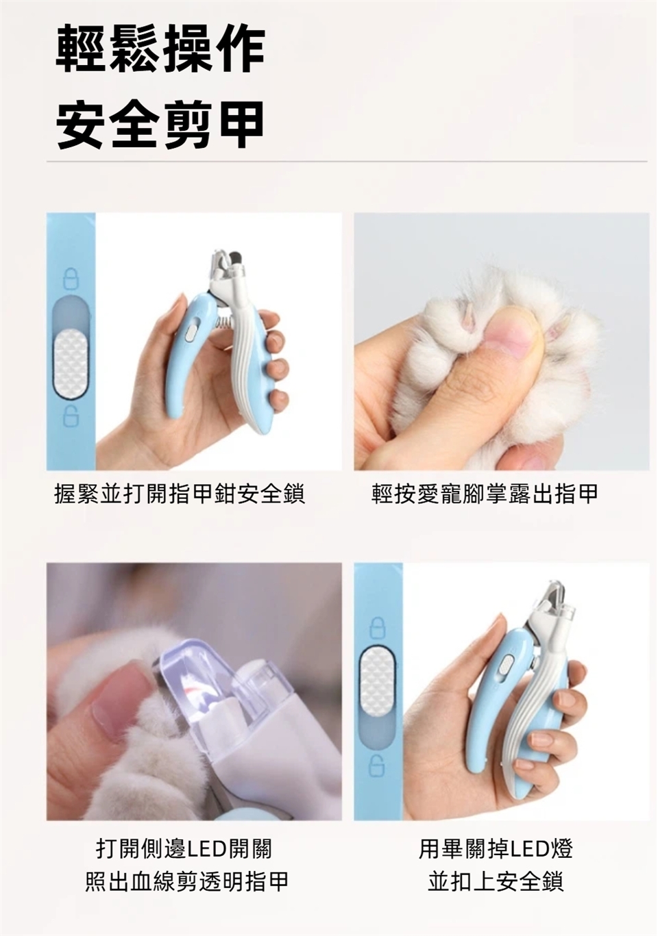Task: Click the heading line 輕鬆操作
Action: click(160, 49)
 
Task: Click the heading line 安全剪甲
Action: click(160, 125)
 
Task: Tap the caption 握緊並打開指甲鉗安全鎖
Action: click(180, 494)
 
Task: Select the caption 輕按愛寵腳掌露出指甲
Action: click(485, 494)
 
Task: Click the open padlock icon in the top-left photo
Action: click(71, 416)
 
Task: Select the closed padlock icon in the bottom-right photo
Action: click(378, 629)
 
